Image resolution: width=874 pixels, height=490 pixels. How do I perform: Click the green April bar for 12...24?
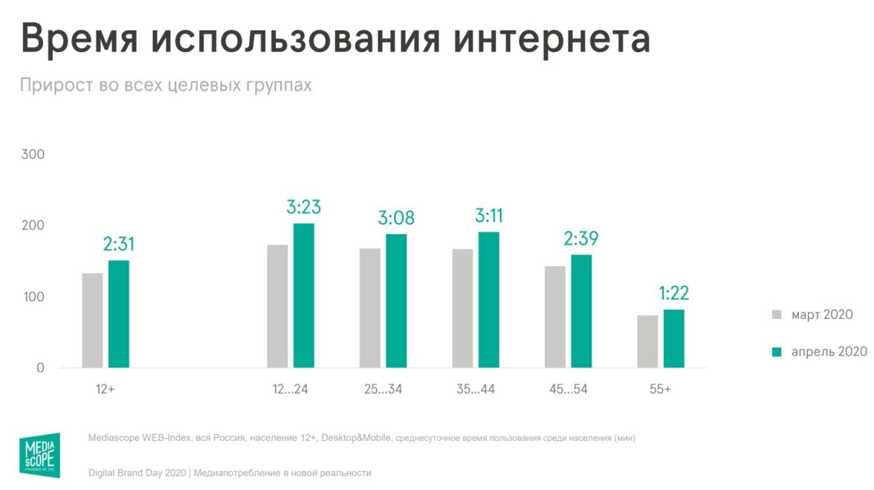click(303, 295)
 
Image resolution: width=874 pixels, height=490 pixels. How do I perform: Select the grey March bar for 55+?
click(647, 341)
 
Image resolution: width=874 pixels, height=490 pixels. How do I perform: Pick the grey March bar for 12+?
click(93, 320)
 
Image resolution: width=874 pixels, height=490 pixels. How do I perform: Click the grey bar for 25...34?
click(370, 308)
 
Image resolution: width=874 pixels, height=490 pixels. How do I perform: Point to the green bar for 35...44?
click(488, 300)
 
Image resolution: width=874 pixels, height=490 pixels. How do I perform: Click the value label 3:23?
click(303, 207)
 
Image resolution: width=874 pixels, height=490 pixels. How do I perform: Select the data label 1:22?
click(674, 294)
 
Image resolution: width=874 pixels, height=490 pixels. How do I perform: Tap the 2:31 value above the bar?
click(119, 244)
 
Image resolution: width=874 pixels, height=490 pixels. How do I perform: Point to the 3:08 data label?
click(396, 218)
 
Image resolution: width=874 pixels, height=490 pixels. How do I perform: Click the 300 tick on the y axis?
click(33, 155)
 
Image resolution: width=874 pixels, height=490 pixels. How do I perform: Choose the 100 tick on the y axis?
click(33, 297)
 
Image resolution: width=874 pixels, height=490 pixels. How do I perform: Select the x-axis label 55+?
click(659, 389)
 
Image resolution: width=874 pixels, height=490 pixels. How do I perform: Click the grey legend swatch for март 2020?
click(777, 315)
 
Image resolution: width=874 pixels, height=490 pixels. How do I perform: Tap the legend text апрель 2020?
click(829, 352)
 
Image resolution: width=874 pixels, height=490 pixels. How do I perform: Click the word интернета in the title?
click(551, 40)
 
